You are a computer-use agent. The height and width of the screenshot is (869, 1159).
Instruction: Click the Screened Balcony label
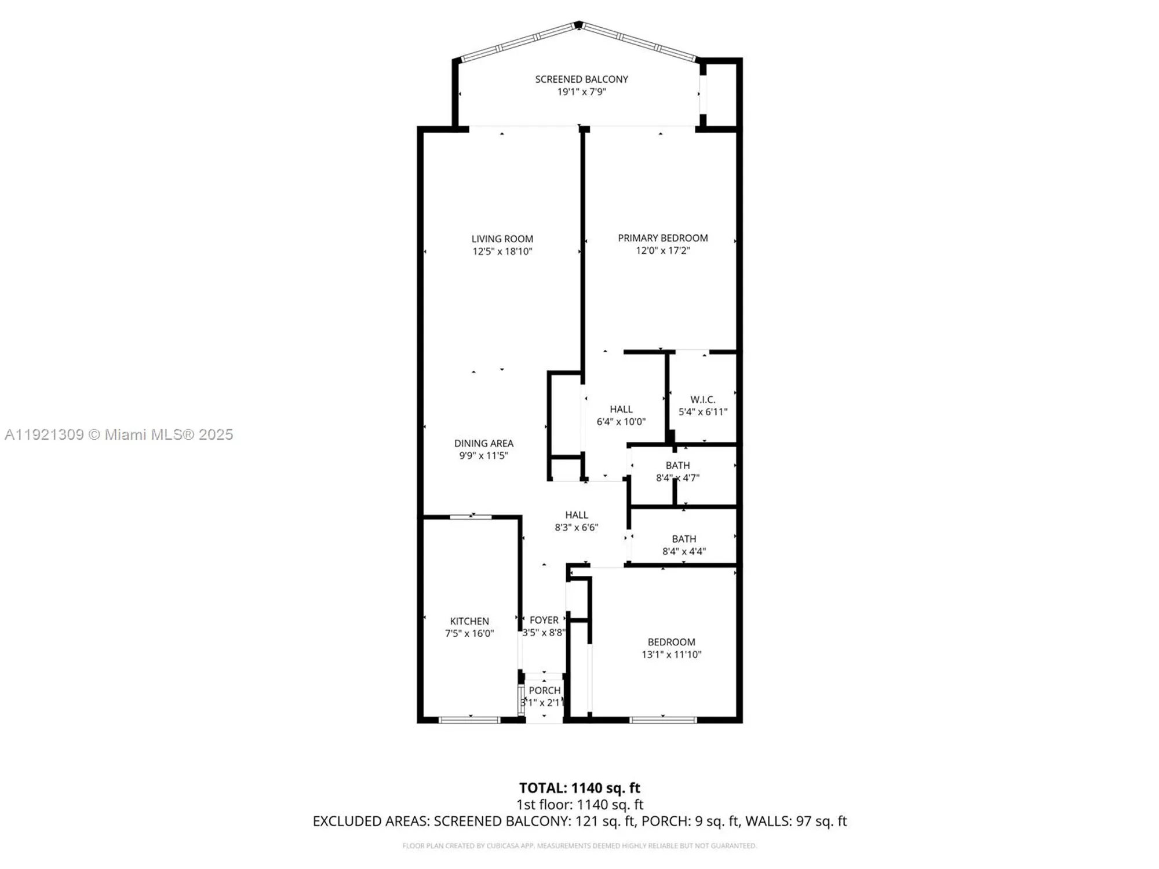(x=581, y=79)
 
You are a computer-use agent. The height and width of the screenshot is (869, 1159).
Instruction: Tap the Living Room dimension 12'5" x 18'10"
(x=502, y=251)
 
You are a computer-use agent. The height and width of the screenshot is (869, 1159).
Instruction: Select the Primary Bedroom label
(x=662, y=238)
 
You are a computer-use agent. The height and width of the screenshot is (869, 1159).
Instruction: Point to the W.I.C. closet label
(x=702, y=400)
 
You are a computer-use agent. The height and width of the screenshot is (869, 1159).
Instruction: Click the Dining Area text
(x=483, y=443)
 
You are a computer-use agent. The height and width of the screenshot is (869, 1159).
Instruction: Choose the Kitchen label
(x=469, y=621)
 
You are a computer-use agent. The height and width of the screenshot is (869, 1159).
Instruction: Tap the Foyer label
(x=544, y=620)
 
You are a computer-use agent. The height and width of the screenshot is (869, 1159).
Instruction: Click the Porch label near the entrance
(x=544, y=690)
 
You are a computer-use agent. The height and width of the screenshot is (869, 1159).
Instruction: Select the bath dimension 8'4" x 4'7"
(x=677, y=478)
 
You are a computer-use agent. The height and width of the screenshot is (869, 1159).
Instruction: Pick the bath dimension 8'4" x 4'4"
(x=684, y=552)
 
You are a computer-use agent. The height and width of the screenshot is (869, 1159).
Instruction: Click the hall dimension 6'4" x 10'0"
(x=621, y=422)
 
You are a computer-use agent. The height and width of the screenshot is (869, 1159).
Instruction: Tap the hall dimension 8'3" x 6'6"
(x=576, y=528)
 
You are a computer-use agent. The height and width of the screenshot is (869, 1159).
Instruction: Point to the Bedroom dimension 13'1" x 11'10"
(x=671, y=655)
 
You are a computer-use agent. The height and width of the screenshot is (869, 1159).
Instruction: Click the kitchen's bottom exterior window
(x=469, y=720)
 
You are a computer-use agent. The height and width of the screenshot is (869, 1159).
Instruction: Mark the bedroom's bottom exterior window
(x=663, y=720)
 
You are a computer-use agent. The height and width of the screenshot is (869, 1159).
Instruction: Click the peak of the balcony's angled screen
(x=578, y=24)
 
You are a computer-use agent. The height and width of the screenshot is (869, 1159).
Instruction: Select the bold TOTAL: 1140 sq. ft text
(x=579, y=788)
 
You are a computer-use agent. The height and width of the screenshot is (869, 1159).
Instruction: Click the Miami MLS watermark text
(x=119, y=434)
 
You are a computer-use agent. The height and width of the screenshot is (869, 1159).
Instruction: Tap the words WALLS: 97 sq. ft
(x=796, y=821)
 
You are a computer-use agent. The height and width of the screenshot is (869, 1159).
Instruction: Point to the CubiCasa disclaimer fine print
(x=579, y=846)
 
